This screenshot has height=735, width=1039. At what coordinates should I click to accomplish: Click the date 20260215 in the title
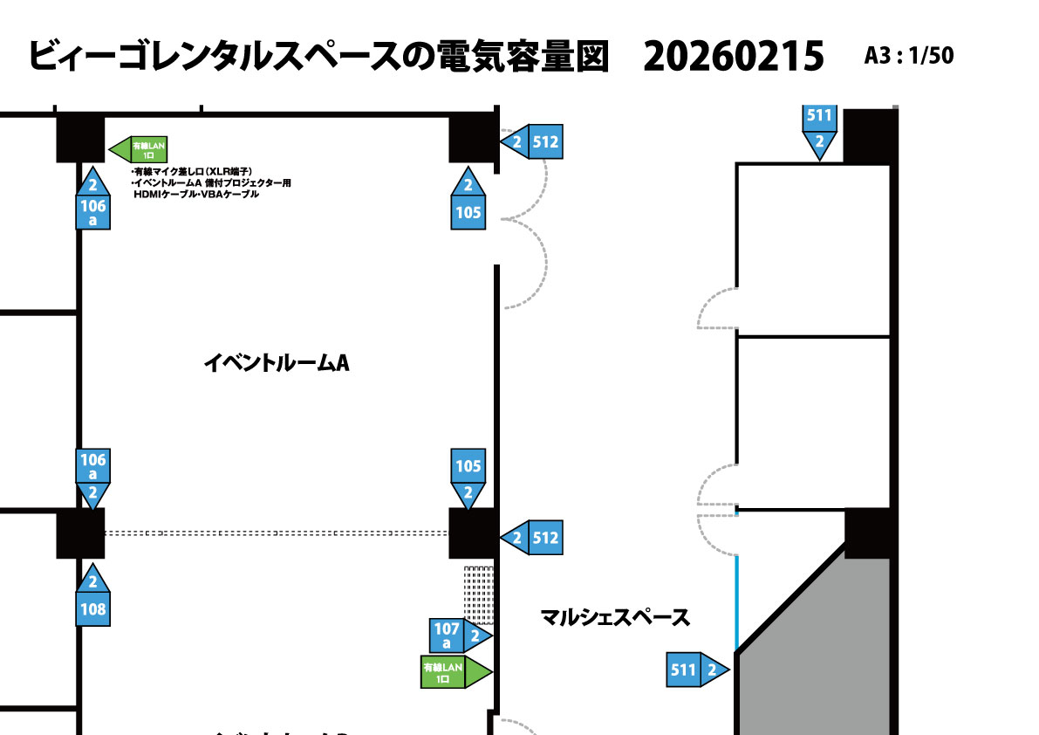click(733, 58)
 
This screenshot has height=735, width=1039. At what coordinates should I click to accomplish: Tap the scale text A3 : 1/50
click(908, 56)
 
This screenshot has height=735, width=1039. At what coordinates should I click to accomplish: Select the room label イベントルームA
click(276, 363)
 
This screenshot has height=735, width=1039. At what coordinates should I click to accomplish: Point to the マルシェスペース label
click(615, 618)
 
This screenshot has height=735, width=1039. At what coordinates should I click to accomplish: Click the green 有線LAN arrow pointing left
click(140, 149)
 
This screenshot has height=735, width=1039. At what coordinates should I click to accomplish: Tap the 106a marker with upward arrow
click(92, 202)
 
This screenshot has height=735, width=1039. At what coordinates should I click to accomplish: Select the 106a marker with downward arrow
click(92, 477)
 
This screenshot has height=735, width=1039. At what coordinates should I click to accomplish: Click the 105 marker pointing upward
click(468, 202)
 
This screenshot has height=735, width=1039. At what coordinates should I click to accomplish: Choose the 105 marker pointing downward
click(468, 477)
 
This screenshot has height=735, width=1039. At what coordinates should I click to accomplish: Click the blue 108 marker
click(92, 598)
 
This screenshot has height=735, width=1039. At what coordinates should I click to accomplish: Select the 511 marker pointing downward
click(819, 130)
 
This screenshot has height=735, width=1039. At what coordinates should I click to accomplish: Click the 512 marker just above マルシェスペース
click(533, 538)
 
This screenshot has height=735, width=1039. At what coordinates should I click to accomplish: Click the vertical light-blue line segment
click(737, 602)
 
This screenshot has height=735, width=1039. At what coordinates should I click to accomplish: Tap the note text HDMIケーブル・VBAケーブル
click(195, 194)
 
